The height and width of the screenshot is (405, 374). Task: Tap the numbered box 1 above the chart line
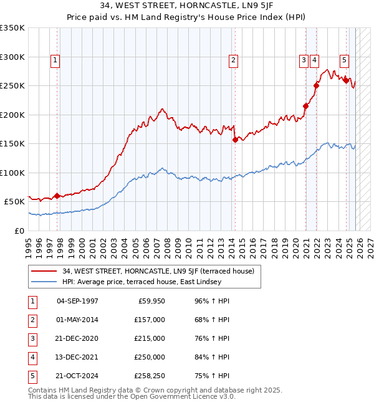(x=55, y=60)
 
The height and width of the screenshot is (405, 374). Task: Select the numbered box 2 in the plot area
(x=233, y=60)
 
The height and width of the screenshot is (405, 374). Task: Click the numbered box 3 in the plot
(x=304, y=60)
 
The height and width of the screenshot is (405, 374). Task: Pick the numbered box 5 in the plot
(x=344, y=60)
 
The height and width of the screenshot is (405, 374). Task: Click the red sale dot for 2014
(x=235, y=140)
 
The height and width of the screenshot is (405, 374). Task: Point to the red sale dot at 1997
(x=57, y=196)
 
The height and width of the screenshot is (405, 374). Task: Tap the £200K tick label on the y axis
(x=12, y=115)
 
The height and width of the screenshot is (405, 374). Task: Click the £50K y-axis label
(x=14, y=202)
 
